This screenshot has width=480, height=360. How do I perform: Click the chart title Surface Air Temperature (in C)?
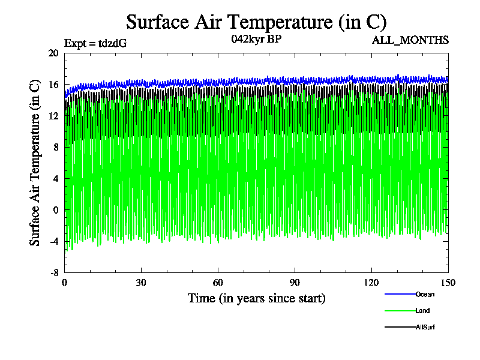click(x=256, y=22)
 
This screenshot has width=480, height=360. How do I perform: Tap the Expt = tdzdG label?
click(x=95, y=43)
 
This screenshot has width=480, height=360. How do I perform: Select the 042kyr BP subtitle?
click(x=256, y=40)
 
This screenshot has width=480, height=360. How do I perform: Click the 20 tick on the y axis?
click(x=53, y=53)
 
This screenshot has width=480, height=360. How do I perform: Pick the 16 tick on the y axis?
click(x=53, y=85)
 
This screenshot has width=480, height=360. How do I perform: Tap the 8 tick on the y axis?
click(x=55, y=147)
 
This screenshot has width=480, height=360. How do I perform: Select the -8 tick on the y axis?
click(x=53, y=272)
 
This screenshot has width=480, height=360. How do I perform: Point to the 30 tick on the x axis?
click(x=141, y=283)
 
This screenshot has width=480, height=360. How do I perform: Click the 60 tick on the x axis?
click(x=218, y=283)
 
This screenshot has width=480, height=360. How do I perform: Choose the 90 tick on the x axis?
click(x=295, y=283)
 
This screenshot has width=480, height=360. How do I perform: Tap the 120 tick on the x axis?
click(x=371, y=283)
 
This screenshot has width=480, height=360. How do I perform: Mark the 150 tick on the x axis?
click(x=448, y=283)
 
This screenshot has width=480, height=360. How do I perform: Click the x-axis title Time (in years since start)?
click(x=256, y=298)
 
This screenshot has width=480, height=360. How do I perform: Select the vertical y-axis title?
click(x=35, y=163)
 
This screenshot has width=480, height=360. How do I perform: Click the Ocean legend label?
click(x=425, y=294)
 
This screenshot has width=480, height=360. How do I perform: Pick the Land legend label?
click(x=422, y=311)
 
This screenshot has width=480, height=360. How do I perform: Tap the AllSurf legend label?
click(x=425, y=327)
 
